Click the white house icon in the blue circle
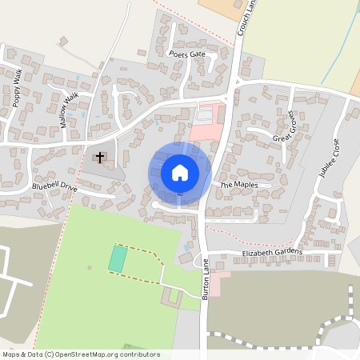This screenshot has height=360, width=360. click(180, 172)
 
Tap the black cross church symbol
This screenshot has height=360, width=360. click(101, 157)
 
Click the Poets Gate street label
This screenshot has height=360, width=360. click(188, 54)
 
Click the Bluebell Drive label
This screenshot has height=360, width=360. click(54, 186)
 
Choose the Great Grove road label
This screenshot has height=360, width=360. click(285, 127)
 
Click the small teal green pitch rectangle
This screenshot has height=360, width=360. click(118, 258)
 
